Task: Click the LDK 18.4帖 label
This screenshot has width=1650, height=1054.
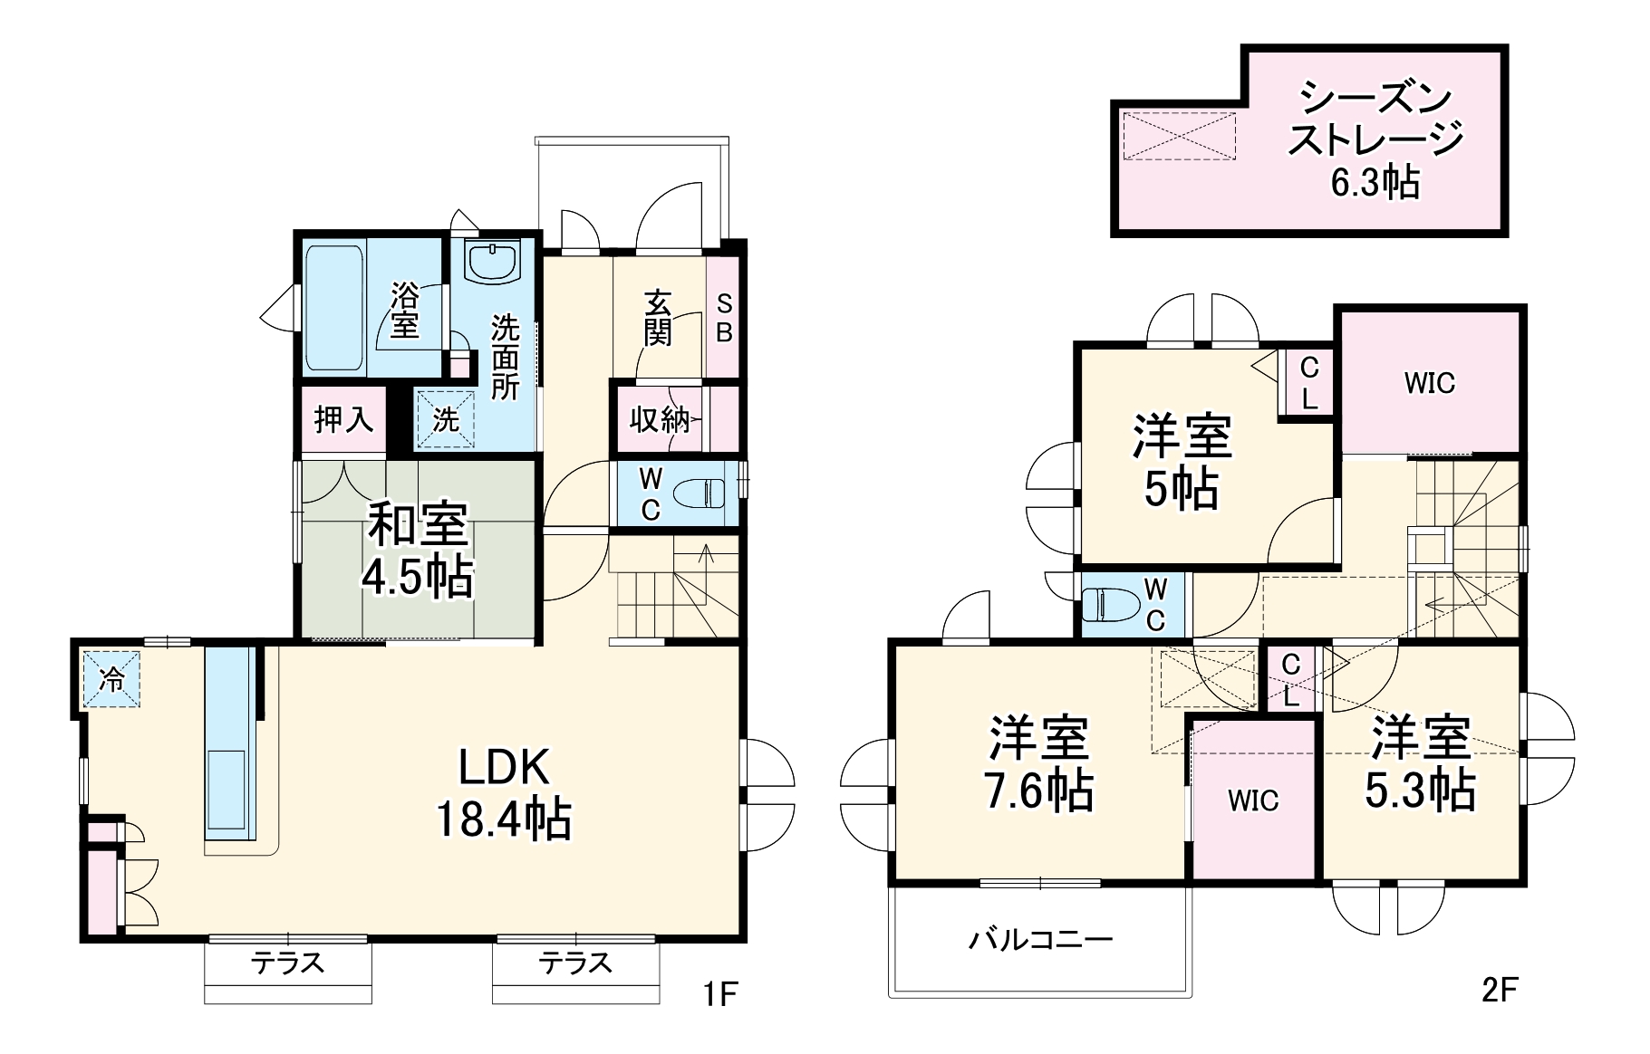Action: point(504,794)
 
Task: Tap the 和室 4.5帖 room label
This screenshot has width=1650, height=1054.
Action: point(418,550)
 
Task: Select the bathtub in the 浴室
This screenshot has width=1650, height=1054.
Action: point(333,308)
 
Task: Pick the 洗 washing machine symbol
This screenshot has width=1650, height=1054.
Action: point(445,419)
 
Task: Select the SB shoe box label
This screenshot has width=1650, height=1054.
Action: point(723,319)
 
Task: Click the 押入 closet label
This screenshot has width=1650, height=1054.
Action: point(343,420)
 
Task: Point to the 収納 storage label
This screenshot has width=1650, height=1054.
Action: point(659,420)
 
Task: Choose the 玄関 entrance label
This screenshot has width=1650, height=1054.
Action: point(658,318)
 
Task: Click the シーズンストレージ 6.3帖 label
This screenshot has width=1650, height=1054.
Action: point(1375,140)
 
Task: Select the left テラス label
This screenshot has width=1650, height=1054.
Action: point(288,963)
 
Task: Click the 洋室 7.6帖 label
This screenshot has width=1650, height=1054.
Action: point(1039,764)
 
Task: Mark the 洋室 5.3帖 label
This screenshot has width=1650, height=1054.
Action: point(1420,762)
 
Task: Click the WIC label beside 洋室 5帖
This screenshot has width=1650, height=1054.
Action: point(1429,383)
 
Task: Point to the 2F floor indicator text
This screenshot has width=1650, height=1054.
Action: point(1500,990)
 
